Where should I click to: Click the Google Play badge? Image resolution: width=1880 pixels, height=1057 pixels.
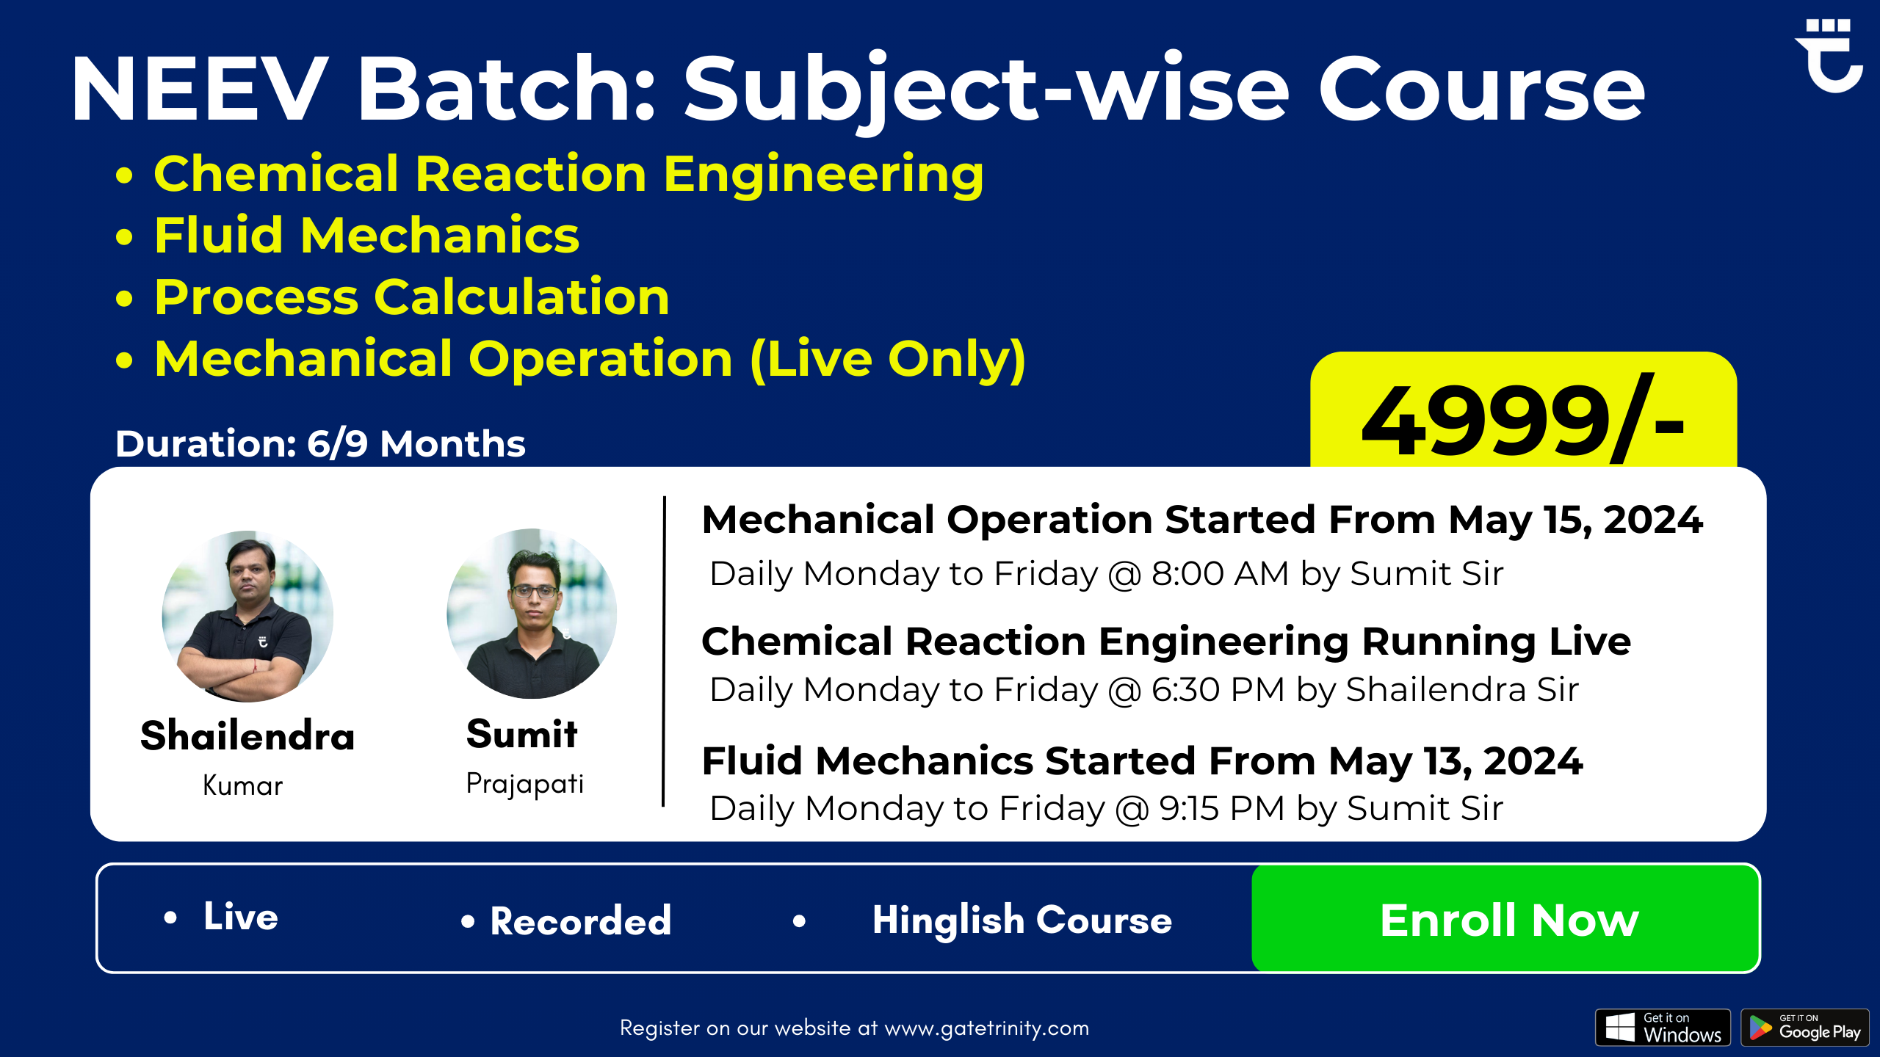(x=1805, y=1028)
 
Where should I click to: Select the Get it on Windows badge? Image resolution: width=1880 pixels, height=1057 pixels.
(x=1663, y=1028)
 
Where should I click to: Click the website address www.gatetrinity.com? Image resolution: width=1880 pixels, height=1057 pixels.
(x=986, y=1029)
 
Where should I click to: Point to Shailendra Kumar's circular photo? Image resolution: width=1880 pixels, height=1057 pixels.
(x=247, y=616)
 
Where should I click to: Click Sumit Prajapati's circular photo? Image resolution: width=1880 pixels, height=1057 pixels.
(x=532, y=614)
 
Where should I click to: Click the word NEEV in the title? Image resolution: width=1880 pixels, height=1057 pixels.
(x=200, y=89)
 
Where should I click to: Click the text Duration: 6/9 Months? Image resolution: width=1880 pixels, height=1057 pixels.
(x=320, y=444)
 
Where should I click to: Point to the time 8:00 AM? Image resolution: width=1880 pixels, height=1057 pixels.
(x=1220, y=573)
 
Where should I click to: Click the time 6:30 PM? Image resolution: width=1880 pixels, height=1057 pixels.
(x=1218, y=690)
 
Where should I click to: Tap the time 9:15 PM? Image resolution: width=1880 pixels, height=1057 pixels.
(x=1221, y=809)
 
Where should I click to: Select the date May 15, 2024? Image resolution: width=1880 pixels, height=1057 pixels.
(x=1575, y=520)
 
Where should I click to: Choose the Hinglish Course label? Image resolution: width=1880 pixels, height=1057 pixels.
(x=1022, y=920)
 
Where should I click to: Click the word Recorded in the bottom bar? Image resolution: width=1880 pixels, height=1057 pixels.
(x=581, y=920)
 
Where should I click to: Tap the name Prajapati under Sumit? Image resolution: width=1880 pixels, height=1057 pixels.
(x=524, y=784)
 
